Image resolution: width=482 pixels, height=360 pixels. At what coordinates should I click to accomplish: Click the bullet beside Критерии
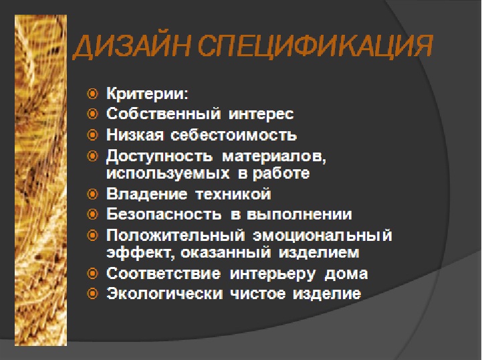pos(92,94)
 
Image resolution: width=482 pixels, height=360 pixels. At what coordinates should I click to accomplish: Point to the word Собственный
pos(163,114)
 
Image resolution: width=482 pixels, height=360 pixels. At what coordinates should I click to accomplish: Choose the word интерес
pos(261,114)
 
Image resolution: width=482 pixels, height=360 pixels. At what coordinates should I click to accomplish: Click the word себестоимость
pos(233,135)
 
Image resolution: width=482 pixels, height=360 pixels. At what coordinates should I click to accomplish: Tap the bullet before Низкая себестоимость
pos(92,134)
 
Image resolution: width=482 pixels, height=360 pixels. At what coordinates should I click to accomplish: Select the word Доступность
pos(159,156)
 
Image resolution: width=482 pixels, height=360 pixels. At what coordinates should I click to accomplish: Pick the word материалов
pos(274,157)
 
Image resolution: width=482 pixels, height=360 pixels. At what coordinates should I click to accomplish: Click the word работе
pos(281,173)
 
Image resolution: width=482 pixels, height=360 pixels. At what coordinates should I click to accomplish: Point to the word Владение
pos(146,194)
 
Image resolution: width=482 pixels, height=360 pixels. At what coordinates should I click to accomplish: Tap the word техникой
pos(233,194)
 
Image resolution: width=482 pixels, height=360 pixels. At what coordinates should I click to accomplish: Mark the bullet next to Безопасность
pos(92,214)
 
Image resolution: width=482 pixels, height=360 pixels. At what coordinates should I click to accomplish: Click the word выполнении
pos(299,215)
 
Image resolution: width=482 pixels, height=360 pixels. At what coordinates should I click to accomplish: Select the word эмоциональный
pos(322,236)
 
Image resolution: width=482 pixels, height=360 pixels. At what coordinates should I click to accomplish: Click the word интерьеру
pos(273,274)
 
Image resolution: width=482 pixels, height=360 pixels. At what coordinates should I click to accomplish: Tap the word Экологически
pos(164,294)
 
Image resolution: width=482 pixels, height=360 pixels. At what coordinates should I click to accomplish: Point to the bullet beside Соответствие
pos(92,273)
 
